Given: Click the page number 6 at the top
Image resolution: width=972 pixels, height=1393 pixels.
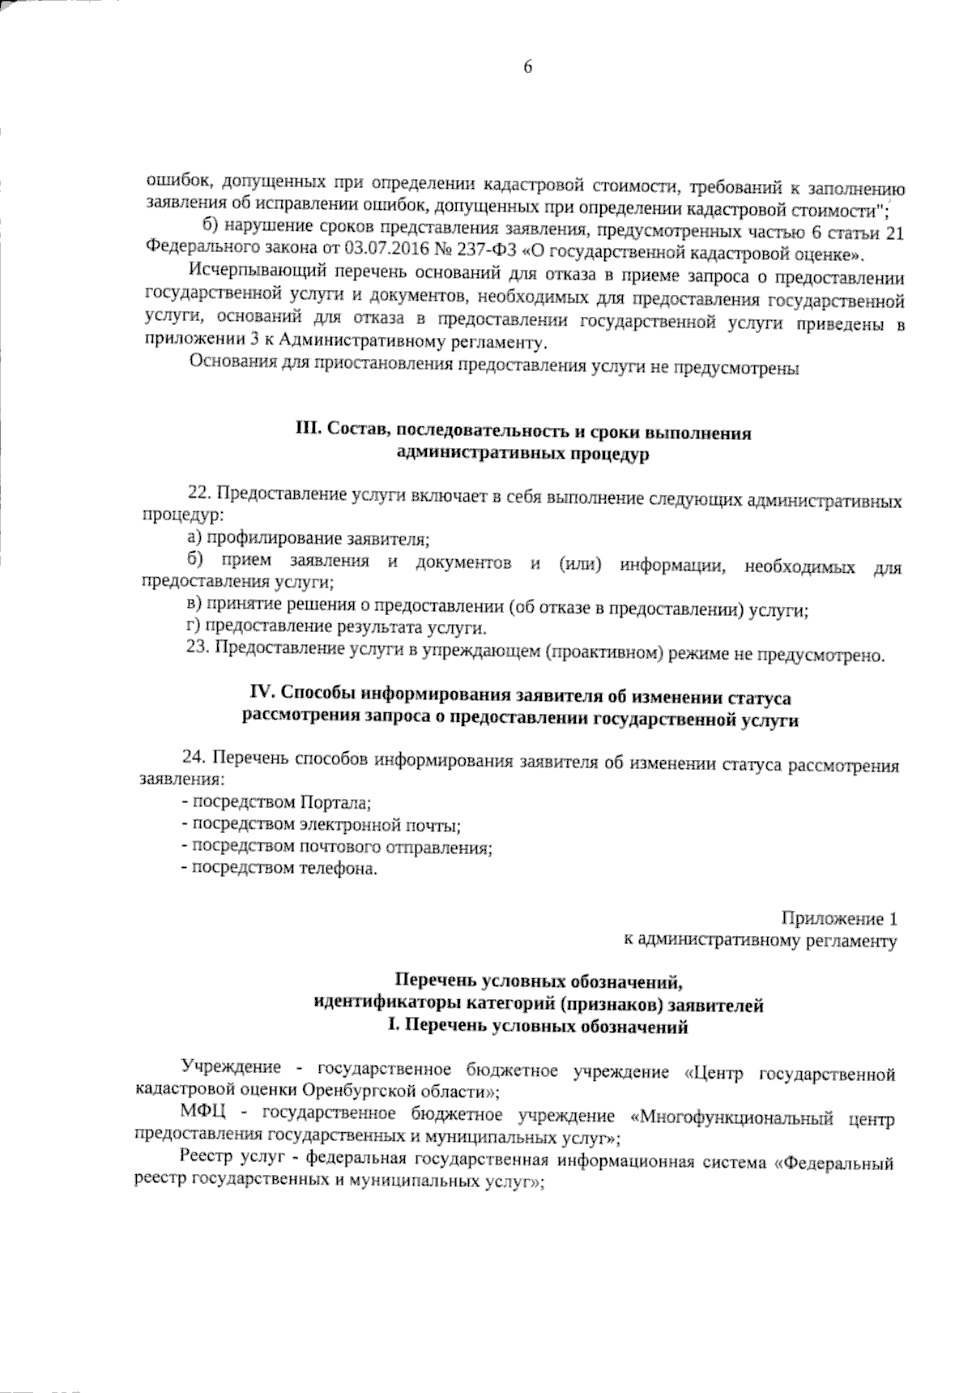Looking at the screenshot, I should [x=528, y=68].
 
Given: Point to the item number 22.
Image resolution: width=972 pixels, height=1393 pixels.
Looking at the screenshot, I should [x=198, y=494].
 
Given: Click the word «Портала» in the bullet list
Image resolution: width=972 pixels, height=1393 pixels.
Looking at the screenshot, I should [x=334, y=803].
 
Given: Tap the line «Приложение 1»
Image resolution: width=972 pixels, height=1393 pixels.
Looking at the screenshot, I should [x=839, y=919].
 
